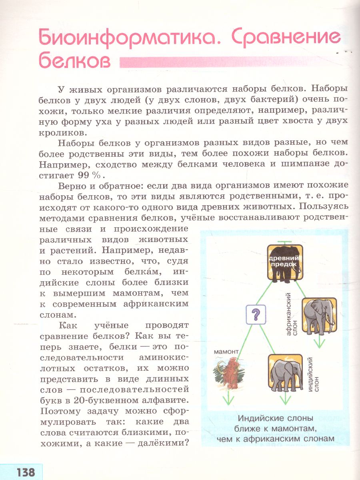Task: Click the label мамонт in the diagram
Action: pos(226,352)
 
